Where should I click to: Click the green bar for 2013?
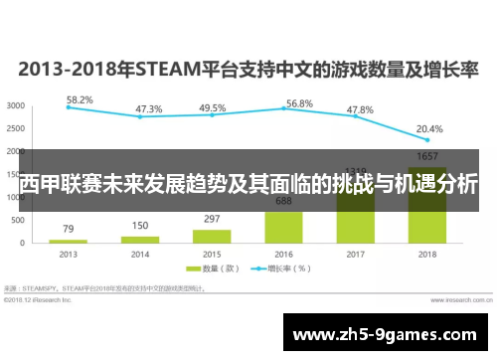click(68, 242)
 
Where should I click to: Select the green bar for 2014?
click(140, 240)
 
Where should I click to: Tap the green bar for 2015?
click(212, 237)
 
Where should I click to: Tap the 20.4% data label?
click(429, 128)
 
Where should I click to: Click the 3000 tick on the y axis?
click(16, 105)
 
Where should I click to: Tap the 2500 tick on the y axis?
click(16, 128)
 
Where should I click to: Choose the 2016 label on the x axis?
click(283, 255)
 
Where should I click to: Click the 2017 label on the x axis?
click(355, 255)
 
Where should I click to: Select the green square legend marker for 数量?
click(195, 268)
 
